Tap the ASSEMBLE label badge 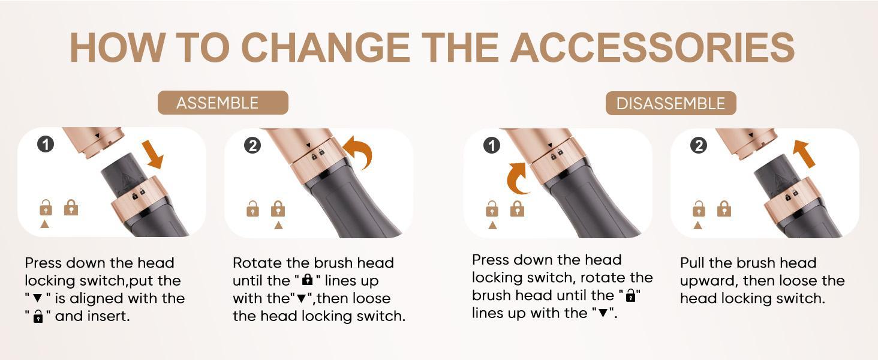222,103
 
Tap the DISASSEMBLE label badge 670,103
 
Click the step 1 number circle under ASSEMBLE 46,144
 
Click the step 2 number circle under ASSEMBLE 252,145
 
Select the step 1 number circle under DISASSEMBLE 491,145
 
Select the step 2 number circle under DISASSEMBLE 699,145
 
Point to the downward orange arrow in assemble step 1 154,154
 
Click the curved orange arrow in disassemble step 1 517,179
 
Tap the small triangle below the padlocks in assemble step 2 278,226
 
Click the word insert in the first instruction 109,316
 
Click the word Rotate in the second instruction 253,263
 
